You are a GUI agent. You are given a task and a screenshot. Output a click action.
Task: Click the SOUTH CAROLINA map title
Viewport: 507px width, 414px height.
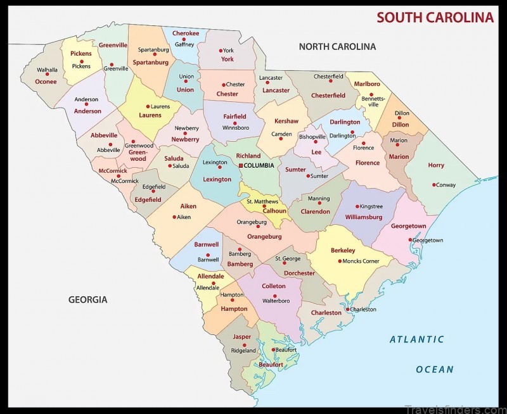click(435, 17)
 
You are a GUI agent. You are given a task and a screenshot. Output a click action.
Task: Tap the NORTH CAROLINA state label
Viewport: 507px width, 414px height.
click(337, 46)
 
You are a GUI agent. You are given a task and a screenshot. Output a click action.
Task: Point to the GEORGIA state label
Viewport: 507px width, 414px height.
click(87, 299)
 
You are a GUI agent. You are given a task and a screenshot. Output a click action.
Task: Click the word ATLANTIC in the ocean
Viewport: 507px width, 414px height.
click(416, 339)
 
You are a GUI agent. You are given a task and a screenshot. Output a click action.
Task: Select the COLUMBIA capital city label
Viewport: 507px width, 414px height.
click(260, 166)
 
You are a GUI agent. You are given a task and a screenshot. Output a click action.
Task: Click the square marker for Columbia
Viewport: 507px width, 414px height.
click(241, 166)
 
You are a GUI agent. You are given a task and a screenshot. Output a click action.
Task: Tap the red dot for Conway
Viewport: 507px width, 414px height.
click(434, 185)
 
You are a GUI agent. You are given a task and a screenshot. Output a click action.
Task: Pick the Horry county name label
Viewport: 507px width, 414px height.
click(436, 165)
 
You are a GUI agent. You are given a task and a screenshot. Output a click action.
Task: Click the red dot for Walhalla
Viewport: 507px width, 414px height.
click(47, 75)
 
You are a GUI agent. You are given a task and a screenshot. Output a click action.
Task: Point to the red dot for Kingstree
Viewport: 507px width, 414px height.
click(357, 206)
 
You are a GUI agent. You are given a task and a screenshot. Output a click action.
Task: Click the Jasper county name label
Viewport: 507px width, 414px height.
click(242, 337)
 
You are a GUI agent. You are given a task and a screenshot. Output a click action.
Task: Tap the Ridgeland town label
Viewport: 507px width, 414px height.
click(243, 351)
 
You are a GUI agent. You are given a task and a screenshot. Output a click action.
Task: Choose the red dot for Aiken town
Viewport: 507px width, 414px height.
click(174, 216)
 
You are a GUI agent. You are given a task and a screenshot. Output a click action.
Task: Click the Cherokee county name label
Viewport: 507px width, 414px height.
click(186, 34)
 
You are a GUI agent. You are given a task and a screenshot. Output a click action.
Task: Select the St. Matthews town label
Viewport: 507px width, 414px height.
click(262, 201)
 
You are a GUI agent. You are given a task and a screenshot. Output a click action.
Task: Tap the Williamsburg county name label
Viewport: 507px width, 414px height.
click(364, 217)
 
